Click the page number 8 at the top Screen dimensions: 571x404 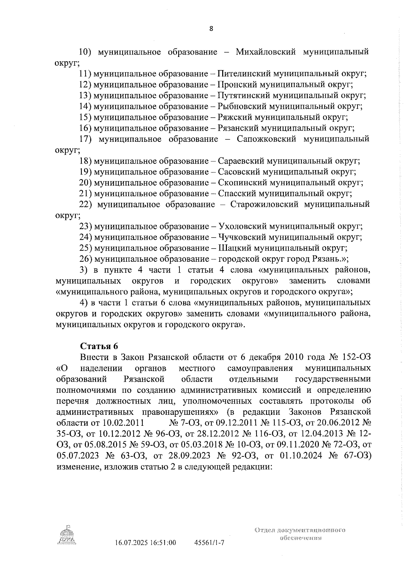pyautogui.click(x=211, y=29)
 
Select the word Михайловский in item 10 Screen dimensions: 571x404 pyautogui.click(x=266, y=52)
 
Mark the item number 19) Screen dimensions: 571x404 pyautogui.click(x=86, y=172)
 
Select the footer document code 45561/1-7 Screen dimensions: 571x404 pyautogui.click(x=209, y=543)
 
